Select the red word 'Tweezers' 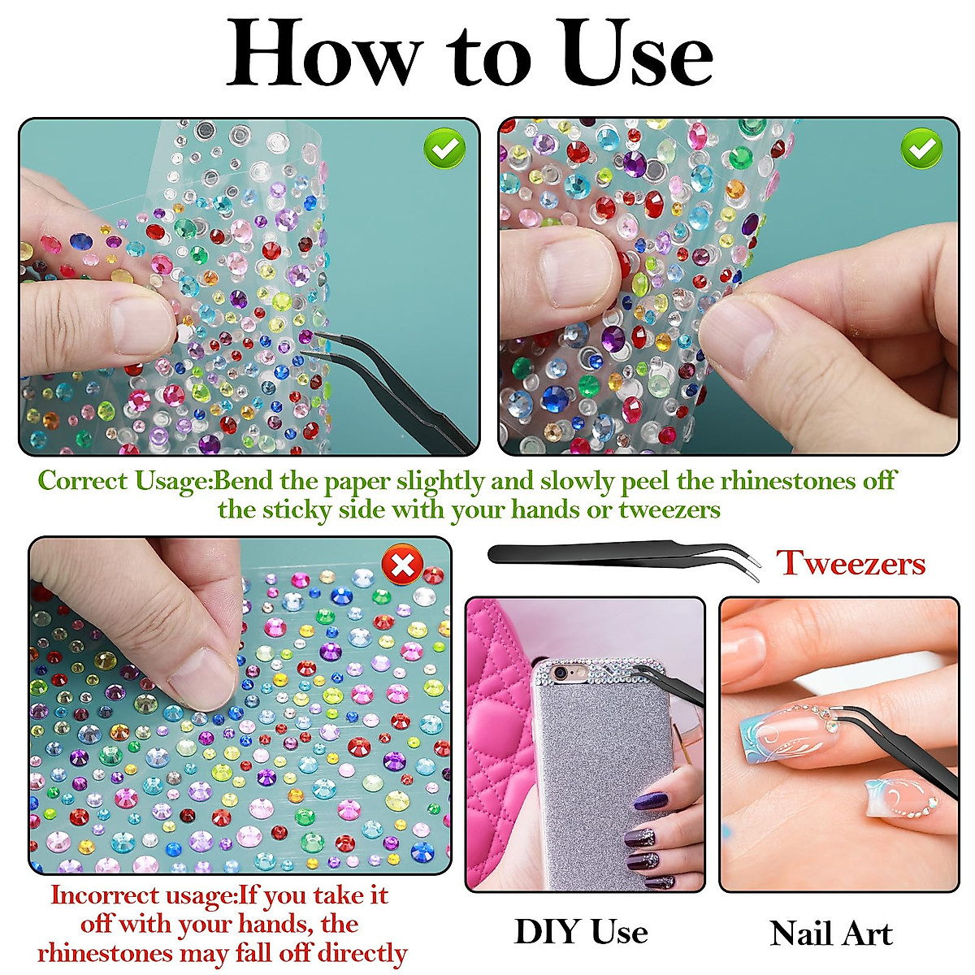851,562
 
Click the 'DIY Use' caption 581,931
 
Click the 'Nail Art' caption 830,933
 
